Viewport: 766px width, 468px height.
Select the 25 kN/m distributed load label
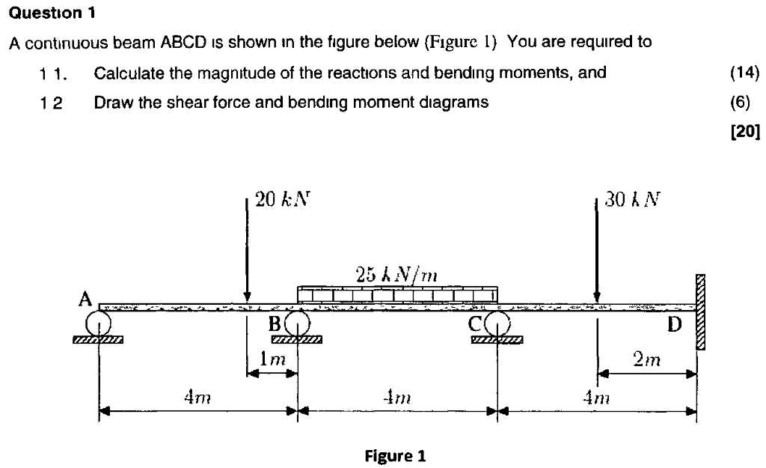pyautogui.click(x=396, y=274)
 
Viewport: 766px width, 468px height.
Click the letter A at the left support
pyautogui.click(x=85, y=300)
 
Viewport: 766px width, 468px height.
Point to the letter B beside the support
pyautogui.click(x=275, y=324)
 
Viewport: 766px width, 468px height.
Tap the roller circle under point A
pyautogui.click(x=98, y=323)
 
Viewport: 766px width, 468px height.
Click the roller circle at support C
pyautogui.click(x=497, y=323)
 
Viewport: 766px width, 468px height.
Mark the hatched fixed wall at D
pyautogui.click(x=701, y=312)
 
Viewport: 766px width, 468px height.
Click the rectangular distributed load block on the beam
pyautogui.click(x=397, y=295)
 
